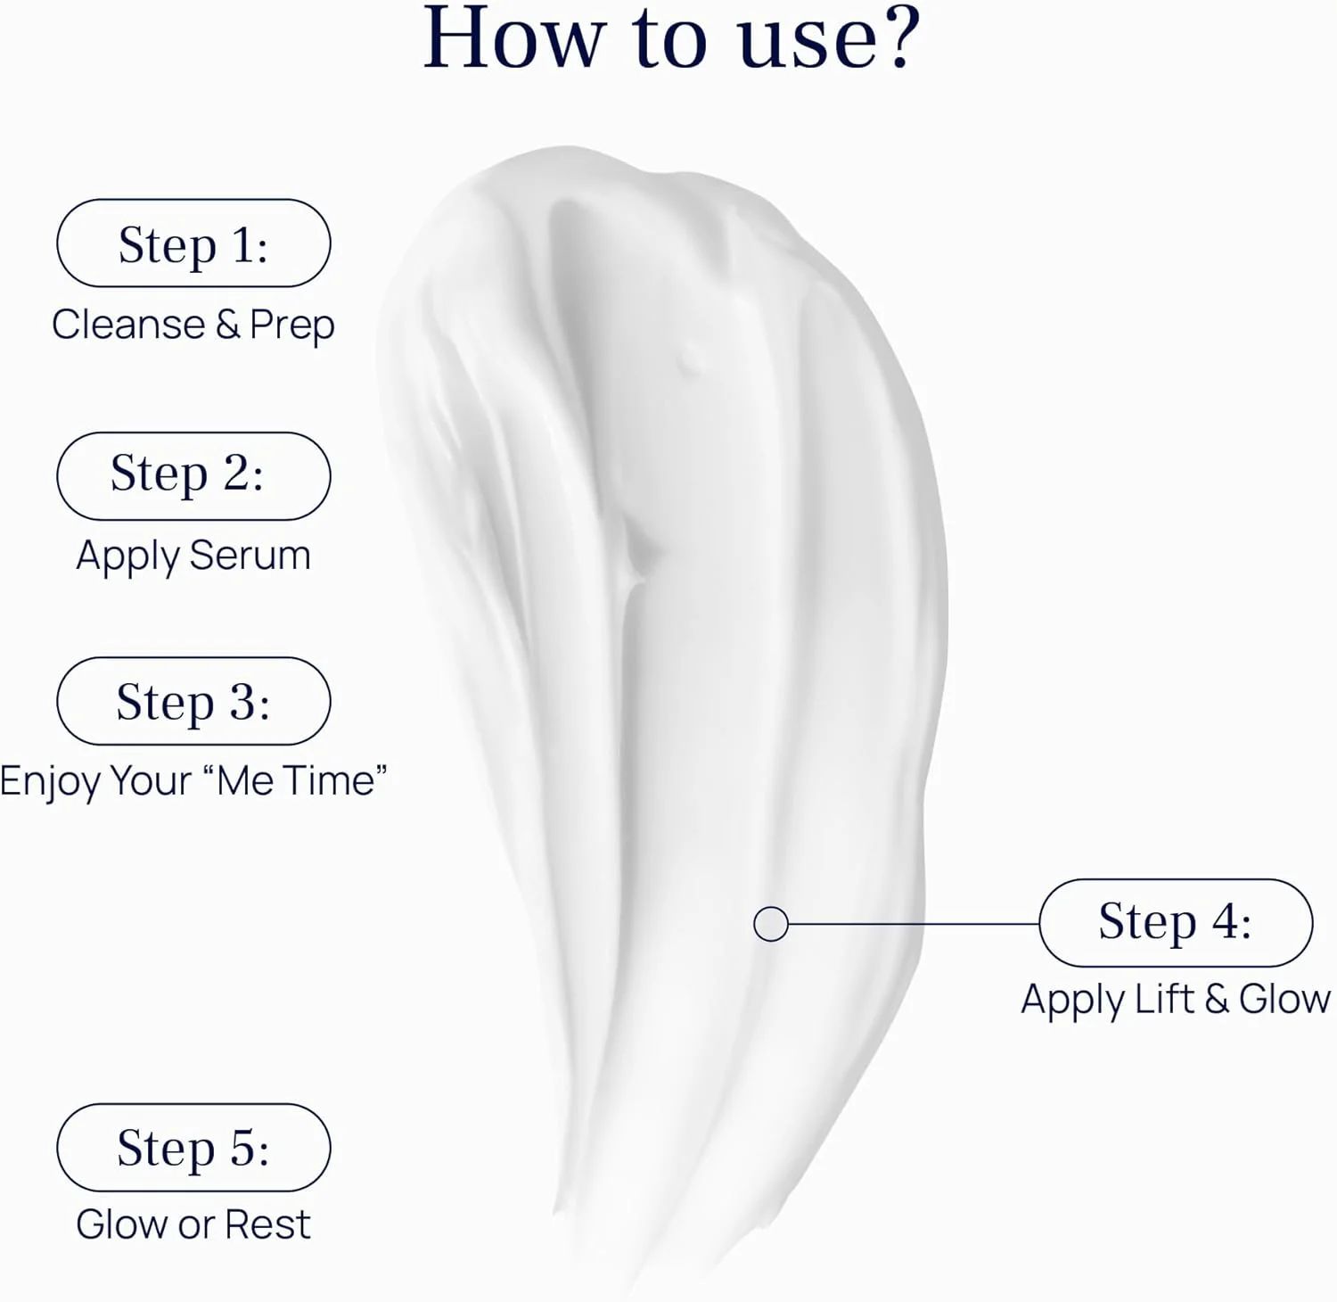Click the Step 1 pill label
[193, 243]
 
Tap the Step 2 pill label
[193, 476]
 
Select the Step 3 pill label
[193, 701]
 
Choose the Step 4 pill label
[1176, 923]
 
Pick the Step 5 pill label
[193, 1148]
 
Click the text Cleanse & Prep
[193, 325]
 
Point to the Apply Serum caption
[193, 556]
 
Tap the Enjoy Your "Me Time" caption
[193, 781]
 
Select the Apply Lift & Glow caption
[1176, 1000]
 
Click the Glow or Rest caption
[193, 1224]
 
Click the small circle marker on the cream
[771, 924]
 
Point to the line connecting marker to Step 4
[914, 924]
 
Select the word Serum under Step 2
[250, 556]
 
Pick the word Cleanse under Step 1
[128, 325]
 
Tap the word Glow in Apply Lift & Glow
[1284, 1000]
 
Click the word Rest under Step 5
[268, 1224]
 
